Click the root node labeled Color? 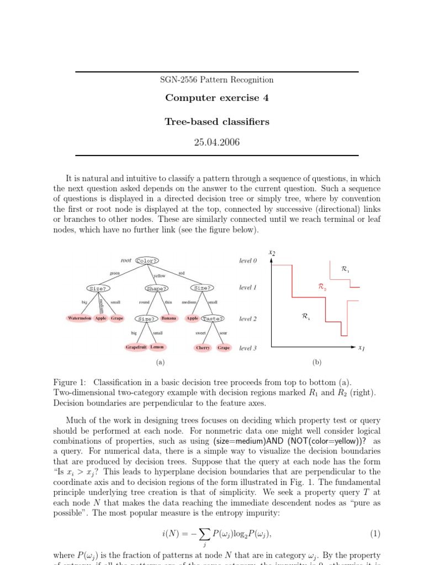147,260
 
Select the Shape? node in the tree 156,288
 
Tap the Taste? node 213,318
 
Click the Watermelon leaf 79,318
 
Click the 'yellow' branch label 159,275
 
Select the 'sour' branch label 223,333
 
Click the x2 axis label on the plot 272,253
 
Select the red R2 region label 322,287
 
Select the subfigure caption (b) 317,363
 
